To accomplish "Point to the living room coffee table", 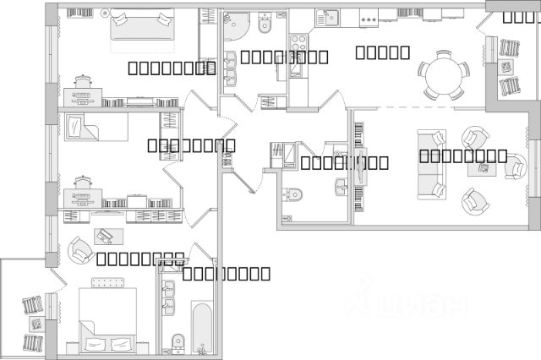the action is point(484,168).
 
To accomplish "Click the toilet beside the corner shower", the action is point(264,23).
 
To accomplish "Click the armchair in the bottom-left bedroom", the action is point(81,248).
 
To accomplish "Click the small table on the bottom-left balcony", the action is point(36,324).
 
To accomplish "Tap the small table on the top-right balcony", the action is point(508,66).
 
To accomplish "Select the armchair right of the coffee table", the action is point(515,166).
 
